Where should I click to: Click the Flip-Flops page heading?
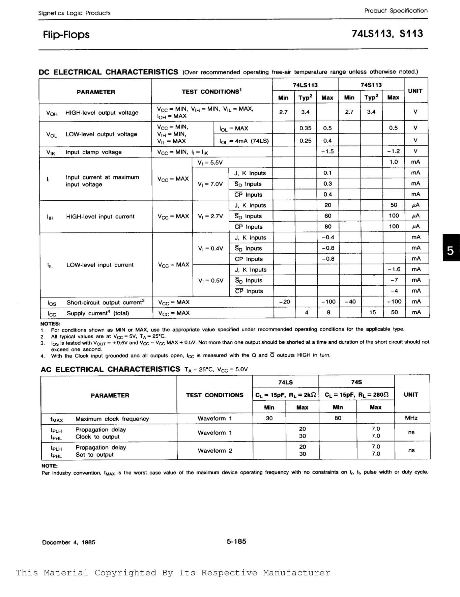[66, 35]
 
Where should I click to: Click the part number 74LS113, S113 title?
[387, 34]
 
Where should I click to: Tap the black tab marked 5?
[451, 251]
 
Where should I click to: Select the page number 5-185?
[236, 541]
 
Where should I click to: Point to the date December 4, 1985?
[68, 542]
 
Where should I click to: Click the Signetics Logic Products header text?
[74, 13]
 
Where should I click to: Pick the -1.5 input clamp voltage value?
[327, 151]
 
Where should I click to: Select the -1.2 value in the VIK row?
[393, 151]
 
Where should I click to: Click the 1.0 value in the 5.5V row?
[394, 162]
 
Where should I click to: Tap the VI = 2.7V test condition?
[210, 216]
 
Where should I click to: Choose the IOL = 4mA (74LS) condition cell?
[244, 141]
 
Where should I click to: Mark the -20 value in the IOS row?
[285, 302]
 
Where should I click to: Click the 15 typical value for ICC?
[372, 312]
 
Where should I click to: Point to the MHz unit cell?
[411, 418]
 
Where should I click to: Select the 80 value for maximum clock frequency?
[338, 418]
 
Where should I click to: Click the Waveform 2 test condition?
[215, 451]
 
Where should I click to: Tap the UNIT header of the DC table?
[415, 91]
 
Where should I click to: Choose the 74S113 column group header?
[371, 85]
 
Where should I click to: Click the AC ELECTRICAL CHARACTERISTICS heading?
[110, 369]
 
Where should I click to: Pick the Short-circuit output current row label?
[106, 303]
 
